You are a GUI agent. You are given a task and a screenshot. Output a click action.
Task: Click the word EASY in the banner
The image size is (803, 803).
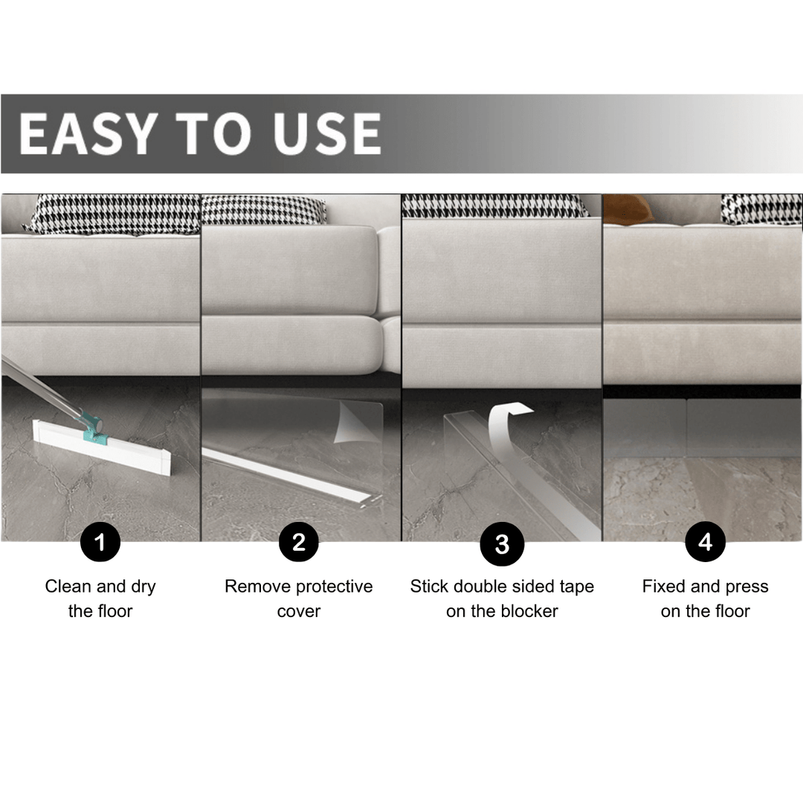86,134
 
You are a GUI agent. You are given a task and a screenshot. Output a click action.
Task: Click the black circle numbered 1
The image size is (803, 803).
100,542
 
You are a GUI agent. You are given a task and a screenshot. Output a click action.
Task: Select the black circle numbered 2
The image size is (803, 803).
299,542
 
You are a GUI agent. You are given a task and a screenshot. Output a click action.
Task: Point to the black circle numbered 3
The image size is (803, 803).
502,544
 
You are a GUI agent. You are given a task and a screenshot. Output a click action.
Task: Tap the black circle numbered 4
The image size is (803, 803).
705,542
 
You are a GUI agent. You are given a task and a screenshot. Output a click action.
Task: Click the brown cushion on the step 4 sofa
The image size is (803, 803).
628,209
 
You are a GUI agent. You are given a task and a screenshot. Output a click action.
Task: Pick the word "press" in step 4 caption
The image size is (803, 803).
746,587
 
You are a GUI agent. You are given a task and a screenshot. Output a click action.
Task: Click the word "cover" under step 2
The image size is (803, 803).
299,611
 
